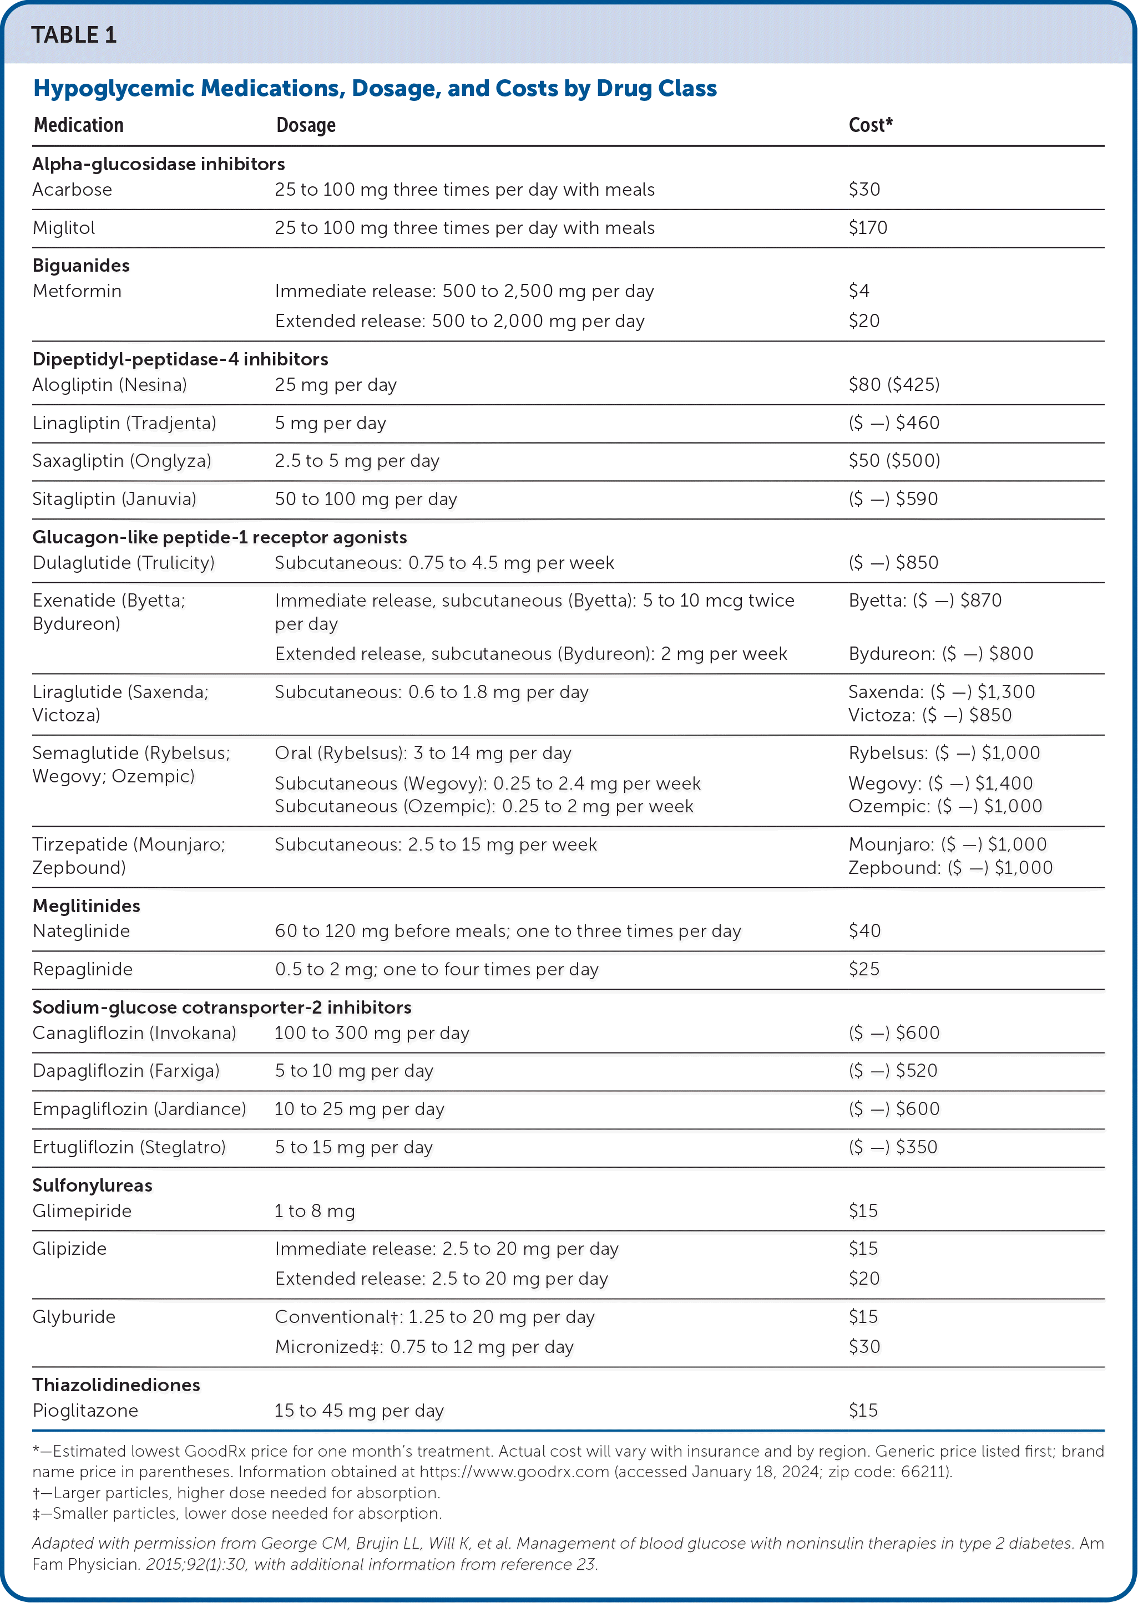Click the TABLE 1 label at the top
(74, 35)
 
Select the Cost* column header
(871, 125)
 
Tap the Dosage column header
(306, 125)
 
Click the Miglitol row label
(64, 227)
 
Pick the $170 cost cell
(868, 227)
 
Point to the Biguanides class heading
(81, 266)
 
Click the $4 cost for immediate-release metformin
(858, 291)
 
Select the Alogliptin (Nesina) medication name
(109, 384)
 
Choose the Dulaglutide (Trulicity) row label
(123, 562)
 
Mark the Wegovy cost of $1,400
(940, 783)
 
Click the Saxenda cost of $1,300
(941, 692)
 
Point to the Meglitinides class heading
(86, 905)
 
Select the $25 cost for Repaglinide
(863, 969)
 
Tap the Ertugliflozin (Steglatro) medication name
(129, 1147)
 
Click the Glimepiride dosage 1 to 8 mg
(315, 1211)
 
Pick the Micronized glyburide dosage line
(424, 1347)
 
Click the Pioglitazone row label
(85, 1411)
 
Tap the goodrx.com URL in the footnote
(514, 1472)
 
